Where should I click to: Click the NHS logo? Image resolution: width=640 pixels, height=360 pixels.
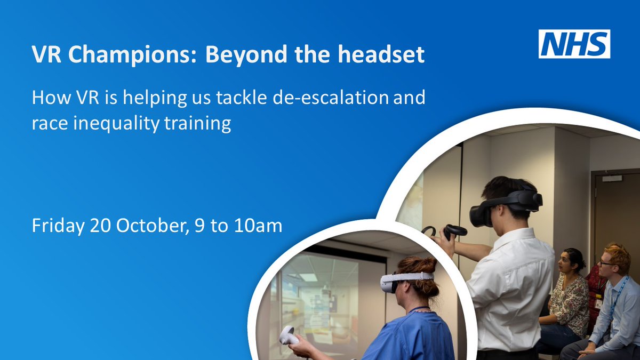click(574, 44)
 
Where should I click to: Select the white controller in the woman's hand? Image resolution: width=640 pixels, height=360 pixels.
click(289, 335)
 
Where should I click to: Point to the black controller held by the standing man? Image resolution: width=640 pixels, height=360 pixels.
click(453, 231)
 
